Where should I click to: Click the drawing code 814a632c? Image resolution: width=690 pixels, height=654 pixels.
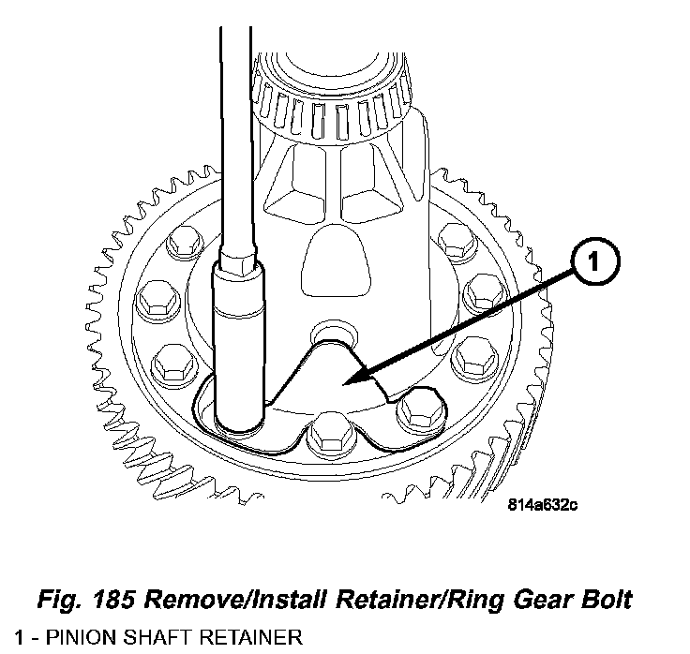pyautogui.click(x=543, y=505)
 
